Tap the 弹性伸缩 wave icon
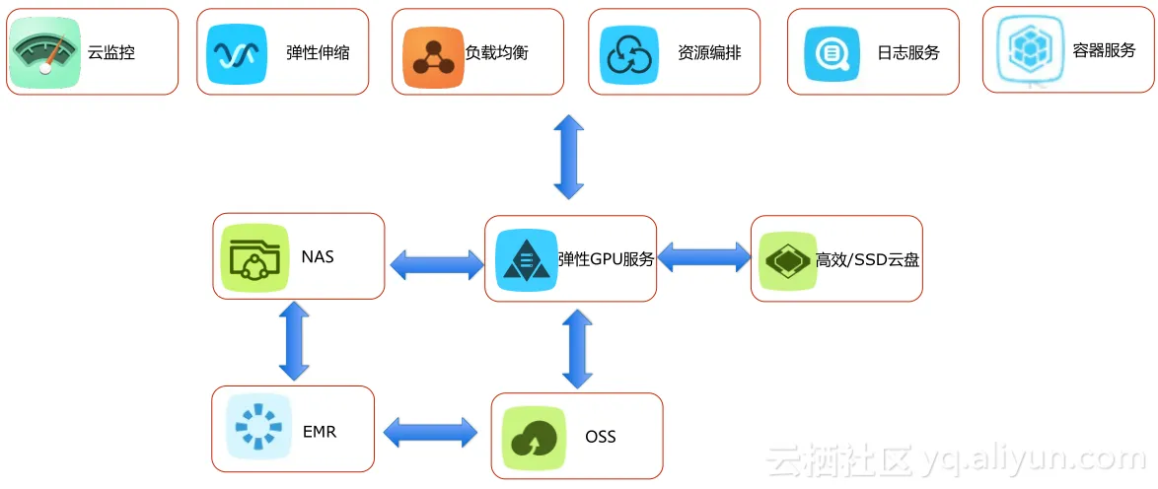tap(237, 52)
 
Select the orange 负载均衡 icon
tap(433, 52)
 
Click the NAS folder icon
tap(252, 257)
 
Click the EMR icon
tap(258, 428)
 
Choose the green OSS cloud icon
tap(534, 437)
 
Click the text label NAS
tap(318, 257)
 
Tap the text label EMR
tap(320, 432)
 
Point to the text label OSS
tap(600, 436)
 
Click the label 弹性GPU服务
tap(606, 260)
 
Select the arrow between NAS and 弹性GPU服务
tap(437, 263)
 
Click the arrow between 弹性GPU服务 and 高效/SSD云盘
tap(703, 257)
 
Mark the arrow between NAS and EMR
tap(294, 341)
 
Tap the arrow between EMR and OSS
tap(430, 431)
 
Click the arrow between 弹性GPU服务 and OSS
tap(577, 347)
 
